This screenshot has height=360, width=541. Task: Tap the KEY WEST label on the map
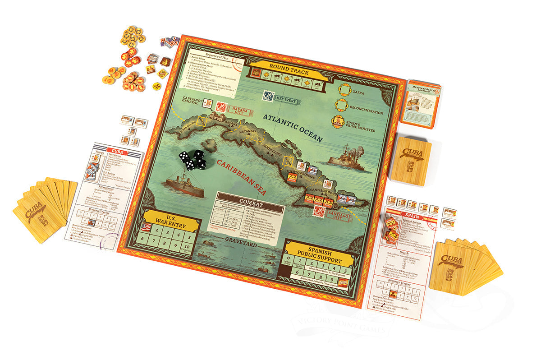tap(286, 101)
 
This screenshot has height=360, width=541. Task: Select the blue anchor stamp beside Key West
tap(269, 96)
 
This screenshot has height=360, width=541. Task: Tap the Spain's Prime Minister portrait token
tap(339, 122)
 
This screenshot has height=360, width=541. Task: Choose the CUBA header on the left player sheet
tap(117, 152)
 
